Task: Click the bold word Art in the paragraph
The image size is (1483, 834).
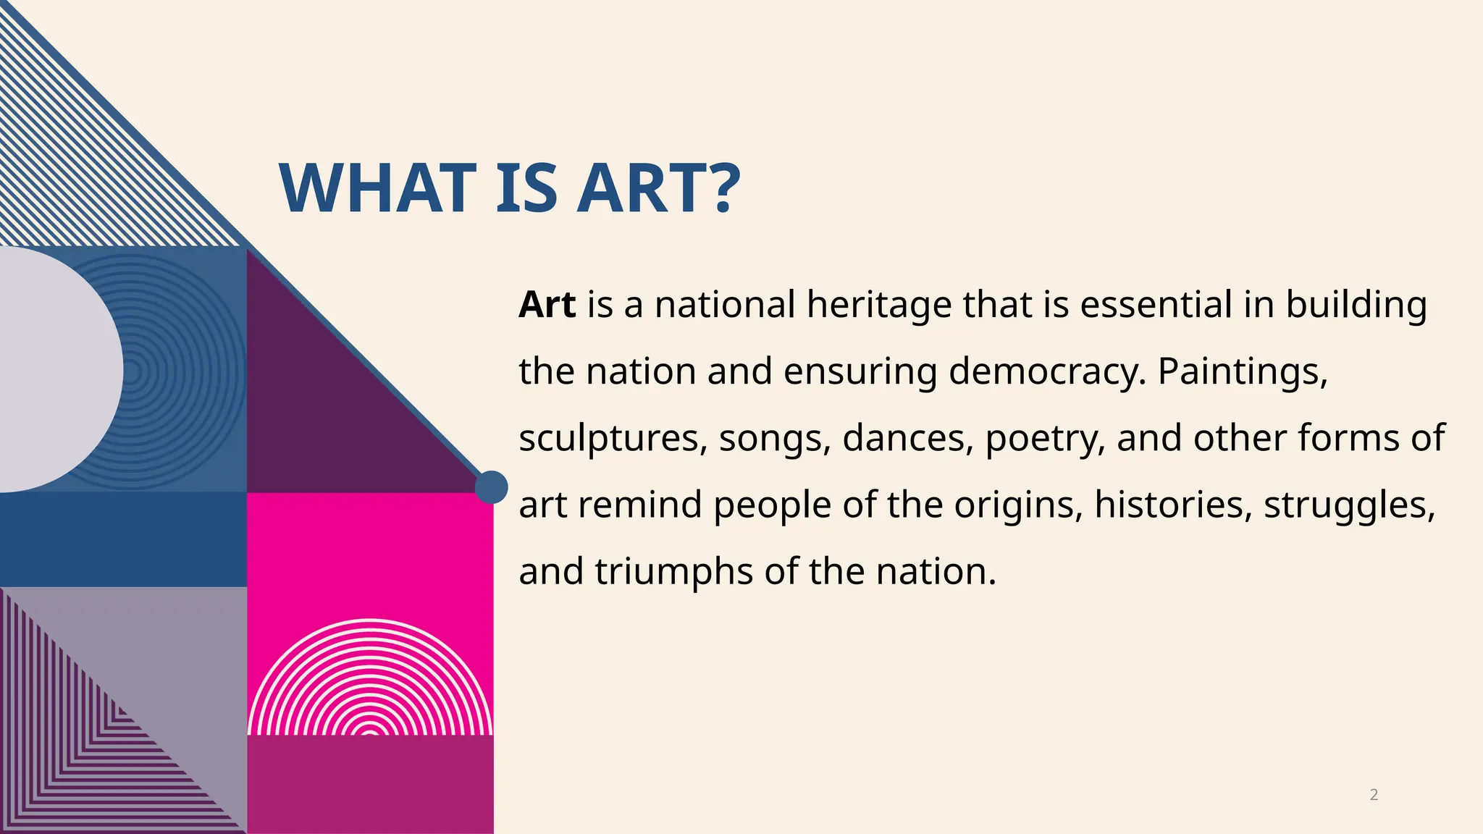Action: (x=547, y=305)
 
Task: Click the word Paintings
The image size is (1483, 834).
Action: (x=1243, y=371)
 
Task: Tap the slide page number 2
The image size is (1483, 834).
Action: (x=1374, y=795)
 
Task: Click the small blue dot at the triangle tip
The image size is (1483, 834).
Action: (x=492, y=486)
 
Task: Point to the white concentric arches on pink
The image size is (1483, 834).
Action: (x=370, y=681)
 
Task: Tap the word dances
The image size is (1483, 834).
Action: (x=908, y=438)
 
